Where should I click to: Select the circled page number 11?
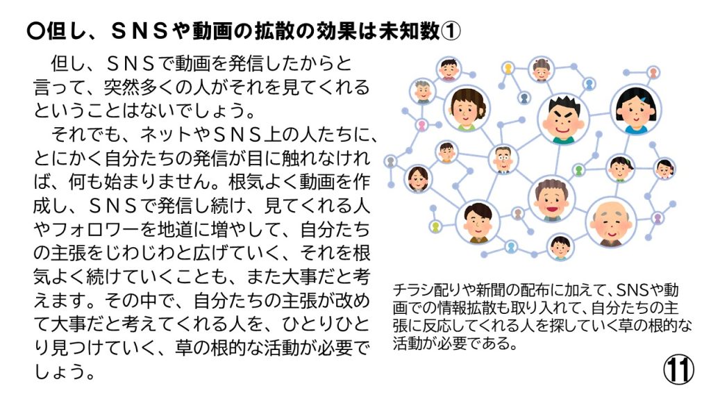[679, 370]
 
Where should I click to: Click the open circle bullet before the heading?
[36, 31]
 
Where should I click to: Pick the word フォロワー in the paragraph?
[94, 229]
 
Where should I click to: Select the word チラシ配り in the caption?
[427, 290]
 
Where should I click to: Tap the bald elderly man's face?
[611, 223]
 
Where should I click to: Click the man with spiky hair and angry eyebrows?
[563, 119]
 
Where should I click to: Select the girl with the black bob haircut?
[636, 110]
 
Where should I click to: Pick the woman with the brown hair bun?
[468, 109]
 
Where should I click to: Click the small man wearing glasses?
[503, 159]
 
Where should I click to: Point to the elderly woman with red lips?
[551, 199]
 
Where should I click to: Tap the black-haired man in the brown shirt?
[478, 222]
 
